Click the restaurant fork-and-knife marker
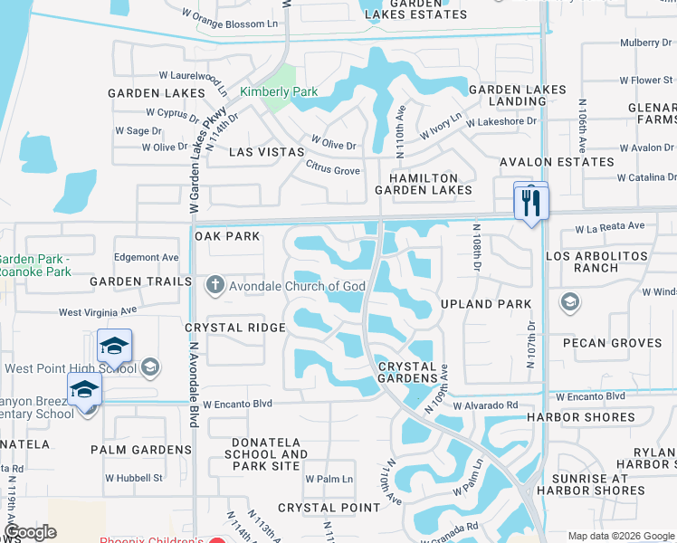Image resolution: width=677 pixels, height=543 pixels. [x=531, y=202]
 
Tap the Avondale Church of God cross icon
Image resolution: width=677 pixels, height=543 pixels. [x=215, y=286]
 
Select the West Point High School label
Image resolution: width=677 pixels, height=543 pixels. [x=70, y=367]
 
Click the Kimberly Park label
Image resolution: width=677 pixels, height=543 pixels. [x=278, y=91]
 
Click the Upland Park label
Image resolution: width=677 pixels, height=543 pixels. [x=486, y=304]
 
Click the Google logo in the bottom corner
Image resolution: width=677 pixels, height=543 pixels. [x=31, y=532]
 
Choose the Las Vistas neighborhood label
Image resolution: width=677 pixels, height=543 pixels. [x=265, y=152]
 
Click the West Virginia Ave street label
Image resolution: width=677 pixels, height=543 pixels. [x=97, y=312]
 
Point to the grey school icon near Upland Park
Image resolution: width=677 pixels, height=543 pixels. [x=571, y=301]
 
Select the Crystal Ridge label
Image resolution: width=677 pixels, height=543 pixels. [x=223, y=328]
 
